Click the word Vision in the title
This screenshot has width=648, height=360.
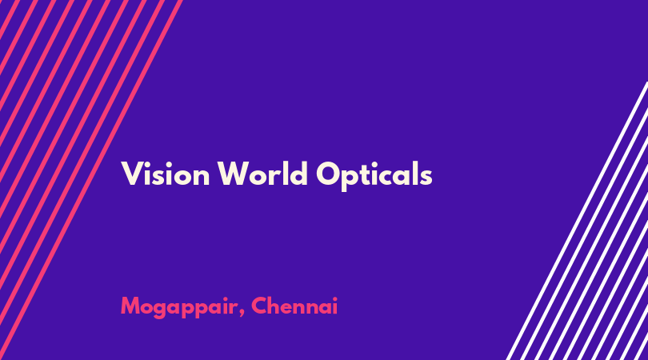pyautogui.click(x=166, y=174)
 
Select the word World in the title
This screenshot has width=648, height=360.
pyautogui.click(x=263, y=174)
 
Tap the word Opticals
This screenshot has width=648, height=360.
pyautogui.click(x=374, y=176)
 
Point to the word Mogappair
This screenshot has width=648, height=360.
pyautogui.click(x=179, y=307)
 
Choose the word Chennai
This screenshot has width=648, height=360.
pyautogui.click(x=294, y=306)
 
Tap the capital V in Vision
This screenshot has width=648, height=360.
pyautogui.click(x=131, y=174)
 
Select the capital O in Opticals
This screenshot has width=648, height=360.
pyautogui.click(x=328, y=174)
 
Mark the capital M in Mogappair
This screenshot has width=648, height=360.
pyautogui.click(x=130, y=306)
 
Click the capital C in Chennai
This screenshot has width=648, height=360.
pyautogui.click(x=259, y=306)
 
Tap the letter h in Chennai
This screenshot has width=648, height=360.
pyautogui.click(x=277, y=306)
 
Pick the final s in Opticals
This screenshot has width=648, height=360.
pyautogui.click(x=426, y=178)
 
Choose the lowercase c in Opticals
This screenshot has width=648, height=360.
pyautogui.click(x=388, y=178)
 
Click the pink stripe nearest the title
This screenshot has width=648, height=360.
pyautogui.click(x=91, y=180)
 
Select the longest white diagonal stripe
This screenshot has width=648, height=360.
pyautogui.click(x=577, y=221)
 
